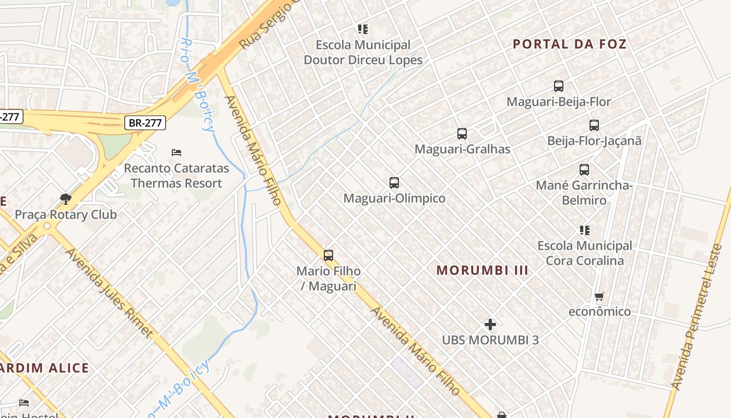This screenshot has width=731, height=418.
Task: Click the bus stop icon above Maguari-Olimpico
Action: (x=394, y=183)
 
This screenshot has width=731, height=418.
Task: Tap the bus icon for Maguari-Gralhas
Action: (x=462, y=134)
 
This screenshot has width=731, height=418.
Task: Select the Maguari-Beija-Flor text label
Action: (x=559, y=101)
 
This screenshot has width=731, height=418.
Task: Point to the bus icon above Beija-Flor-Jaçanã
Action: (x=594, y=125)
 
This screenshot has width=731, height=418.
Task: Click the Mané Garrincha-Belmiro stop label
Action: (x=584, y=193)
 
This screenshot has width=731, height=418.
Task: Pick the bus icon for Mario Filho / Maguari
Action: (x=328, y=256)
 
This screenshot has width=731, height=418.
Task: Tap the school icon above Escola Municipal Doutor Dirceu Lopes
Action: (x=363, y=29)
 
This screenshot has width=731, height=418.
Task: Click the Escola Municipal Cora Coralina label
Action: (x=585, y=253)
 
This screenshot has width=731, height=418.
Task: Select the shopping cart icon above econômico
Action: (x=599, y=297)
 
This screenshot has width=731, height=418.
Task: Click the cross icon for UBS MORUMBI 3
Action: (x=490, y=324)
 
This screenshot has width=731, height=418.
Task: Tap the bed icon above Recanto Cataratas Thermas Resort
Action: (x=176, y=153)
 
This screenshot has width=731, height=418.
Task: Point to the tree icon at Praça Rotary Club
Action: (x=65, y=199)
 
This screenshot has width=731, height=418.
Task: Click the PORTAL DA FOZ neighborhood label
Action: (x=570, y=44)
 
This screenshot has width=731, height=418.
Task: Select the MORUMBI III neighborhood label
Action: (x=482, y=270)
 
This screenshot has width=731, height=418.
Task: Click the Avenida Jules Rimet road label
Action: (x=109, y=293)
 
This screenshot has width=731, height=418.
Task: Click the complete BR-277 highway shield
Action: (x=145, y=123)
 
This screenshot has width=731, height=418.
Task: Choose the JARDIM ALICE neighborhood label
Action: (x=44, y=367)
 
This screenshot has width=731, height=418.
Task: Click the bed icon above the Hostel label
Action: (x=24, y=403)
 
